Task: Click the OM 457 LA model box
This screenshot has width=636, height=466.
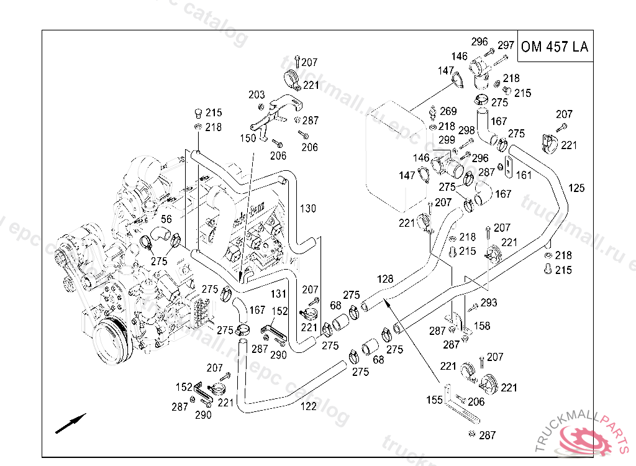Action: (x=555, y=47)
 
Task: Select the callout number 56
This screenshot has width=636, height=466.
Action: (x=166, y=219)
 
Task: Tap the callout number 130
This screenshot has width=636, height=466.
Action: (x=308, y=208)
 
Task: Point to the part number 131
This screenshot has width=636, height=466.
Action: (x=279, y=293)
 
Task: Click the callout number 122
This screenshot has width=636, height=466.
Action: (x=308, y=406)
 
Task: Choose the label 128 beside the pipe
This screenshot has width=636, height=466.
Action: (x=385, y=280)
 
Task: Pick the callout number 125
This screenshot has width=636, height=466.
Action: (x=576, y=188)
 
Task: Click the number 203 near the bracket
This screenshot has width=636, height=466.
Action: (x=257, y=95)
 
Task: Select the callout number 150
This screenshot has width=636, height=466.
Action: (x=248, y=137)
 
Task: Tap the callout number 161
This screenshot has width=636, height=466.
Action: (x=524, y=175)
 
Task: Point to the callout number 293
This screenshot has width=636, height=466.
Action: (x=489, y=303)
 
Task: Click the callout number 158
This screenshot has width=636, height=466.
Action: (x=482, y=326)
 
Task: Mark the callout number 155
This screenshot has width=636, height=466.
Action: (x=434, y=399)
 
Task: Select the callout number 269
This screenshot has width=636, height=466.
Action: (x=448, y=112)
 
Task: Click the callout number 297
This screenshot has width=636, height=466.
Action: (x=506, y=45)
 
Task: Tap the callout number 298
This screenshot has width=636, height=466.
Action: (x=466, y=130)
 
